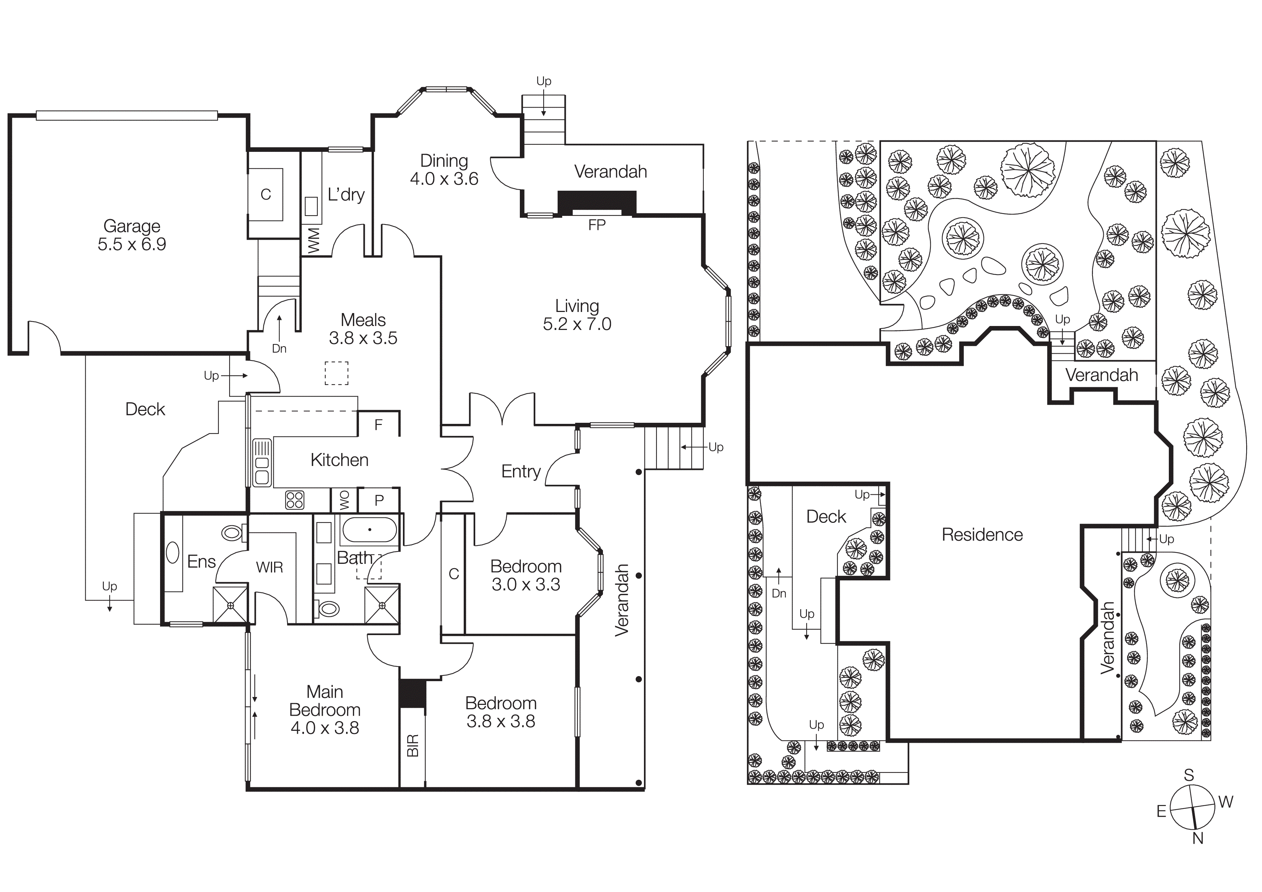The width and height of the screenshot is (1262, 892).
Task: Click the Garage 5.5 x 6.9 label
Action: [x=132, y=235]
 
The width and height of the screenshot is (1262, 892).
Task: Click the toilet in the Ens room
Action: [x=232, y=532]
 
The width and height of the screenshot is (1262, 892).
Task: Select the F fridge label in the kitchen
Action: [x=378, y=425]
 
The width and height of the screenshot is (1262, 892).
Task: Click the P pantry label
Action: [x=379, y=501]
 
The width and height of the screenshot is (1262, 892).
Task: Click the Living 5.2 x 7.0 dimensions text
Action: [x=577, y=324]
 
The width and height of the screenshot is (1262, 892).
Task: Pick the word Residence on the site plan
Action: [x=982, y=535]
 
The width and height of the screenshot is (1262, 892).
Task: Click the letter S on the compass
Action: [x=1189, y=775]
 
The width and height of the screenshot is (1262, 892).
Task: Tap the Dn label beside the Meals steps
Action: [x=279, y=348]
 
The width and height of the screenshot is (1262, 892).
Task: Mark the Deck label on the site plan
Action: [x=826, y=517]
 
